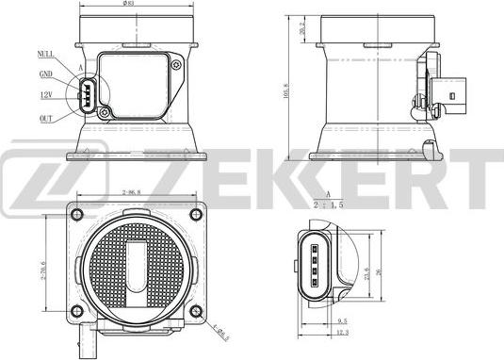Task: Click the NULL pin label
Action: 45,55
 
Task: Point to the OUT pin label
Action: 46,118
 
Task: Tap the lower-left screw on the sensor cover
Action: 107,114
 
